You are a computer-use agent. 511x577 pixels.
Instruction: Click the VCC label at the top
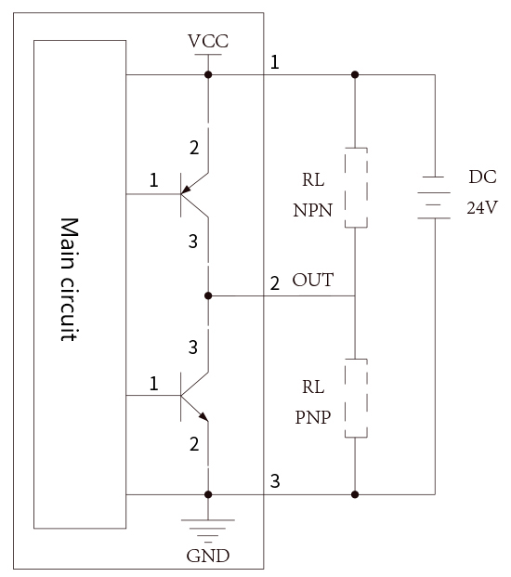pyautogui.click(x=208, y=41)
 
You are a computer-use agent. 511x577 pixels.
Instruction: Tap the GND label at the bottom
pyautogui.click(x=208, y=556)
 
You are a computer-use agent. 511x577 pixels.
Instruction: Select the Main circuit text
pyautogui.click(x=69, y=280)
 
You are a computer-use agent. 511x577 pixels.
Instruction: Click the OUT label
pyautogui.click(x=313, y=280)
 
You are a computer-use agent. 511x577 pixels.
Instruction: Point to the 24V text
pyautogui.click(x=482, y=208)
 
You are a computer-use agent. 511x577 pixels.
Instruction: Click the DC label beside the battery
pyautogui.click(x=483, y=177)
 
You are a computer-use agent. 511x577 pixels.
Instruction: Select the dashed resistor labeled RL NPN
pyautogui.click(x=356, y=188)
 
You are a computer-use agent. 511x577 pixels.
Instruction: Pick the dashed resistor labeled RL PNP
pyautogui.click(x=356, y=399)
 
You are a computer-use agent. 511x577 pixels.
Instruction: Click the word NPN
pyautogui.click(x=313, y=211)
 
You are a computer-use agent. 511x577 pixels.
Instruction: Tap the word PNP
pyautogui.click(x=313, y=417)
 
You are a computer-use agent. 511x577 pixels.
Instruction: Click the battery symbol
pyautogui.click(x=434, y=198)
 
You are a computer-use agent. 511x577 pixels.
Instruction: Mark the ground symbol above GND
pyautogui.click(x=208, y=531)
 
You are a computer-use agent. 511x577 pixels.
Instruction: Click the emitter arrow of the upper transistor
pyautogui.click(x=187, y=190)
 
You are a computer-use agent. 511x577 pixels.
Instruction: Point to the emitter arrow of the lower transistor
pyautogui.click(x=203, y=416)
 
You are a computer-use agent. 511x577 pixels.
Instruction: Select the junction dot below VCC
pyautogui.click(x=208, y=74)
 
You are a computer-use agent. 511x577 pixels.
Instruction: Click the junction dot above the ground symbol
pyautogui.click(x=208, y=494)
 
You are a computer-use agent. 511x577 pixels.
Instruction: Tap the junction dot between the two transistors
pyautogui.click(x=208, y=295)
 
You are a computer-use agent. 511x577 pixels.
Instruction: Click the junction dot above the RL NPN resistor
pyautogui.click(x=355, y=74)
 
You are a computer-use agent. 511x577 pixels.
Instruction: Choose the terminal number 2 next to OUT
pyautogui.click(x=275, y=283)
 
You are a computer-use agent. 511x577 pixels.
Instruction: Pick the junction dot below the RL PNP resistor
pyautogui.click(x=355, y=494)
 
